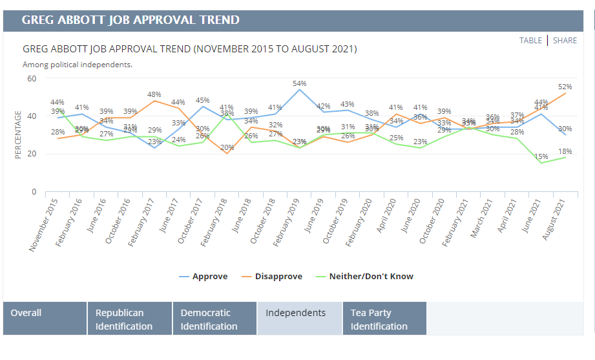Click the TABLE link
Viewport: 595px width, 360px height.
point(530,40)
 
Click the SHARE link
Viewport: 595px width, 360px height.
point(565,40)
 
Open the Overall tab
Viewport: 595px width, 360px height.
point(26,313)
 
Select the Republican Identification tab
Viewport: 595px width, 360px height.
point(124,319)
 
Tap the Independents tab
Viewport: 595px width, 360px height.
point(296,313)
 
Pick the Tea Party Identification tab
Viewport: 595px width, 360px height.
point(379,319)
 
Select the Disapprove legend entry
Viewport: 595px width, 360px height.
point(278,276)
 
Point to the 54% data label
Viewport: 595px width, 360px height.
point(300,83)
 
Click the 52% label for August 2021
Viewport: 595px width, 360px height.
point(564,87)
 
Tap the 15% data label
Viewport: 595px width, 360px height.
point(541,156)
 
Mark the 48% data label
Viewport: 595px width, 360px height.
point(154,94)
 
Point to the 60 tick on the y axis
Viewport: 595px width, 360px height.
point(31,78)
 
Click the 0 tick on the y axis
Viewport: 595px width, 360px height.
point(34,192)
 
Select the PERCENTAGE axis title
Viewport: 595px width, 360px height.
point(18,134)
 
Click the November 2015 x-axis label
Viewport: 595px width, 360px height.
point(45,224)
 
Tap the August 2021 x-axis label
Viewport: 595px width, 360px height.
point(555,220)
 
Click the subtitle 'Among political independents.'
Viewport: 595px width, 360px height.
point(78,65)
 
